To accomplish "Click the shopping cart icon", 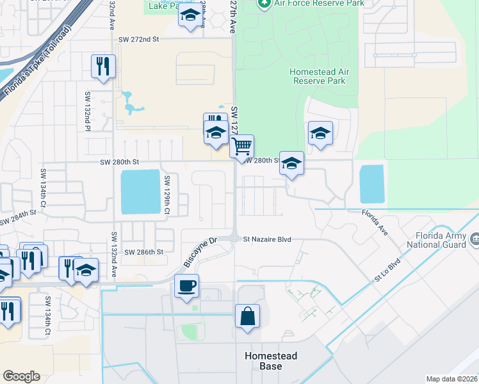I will (x=241, y=147).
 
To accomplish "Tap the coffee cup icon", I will (x=186, y=285).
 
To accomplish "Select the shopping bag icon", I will (x=247, y=316).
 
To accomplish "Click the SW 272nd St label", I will (x=138, y=39).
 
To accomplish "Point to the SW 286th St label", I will (x=144, y=252).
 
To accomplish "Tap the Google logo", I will (x=21, y=376).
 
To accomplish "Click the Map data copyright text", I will (x=451, y=379).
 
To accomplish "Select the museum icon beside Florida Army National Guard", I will (x=475, y=239).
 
